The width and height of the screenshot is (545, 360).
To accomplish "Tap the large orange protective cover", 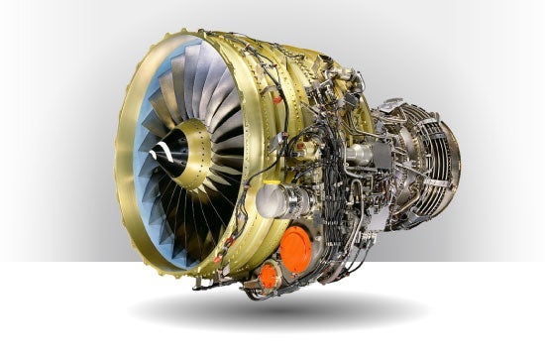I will tap(295, 250).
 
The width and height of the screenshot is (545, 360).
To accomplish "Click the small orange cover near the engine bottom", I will tap(269, 276).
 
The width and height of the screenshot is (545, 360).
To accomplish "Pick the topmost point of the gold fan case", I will tap(223, 32).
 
